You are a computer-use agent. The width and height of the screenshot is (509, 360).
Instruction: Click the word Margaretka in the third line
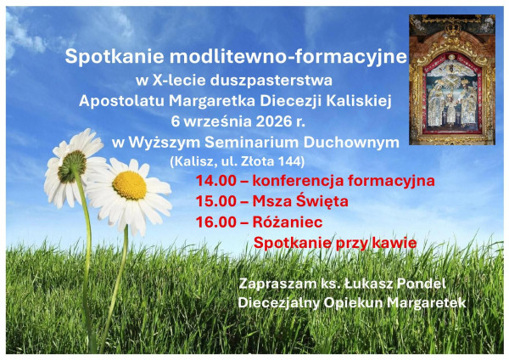pyautogui.click(x=212, y=101)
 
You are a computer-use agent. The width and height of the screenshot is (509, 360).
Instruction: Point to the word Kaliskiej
pyautogui.click(x=359, y=101)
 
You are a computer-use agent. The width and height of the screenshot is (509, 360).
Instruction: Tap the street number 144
pyautogui.click(x=290, y=161)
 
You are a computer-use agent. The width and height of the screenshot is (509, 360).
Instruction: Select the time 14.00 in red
pyautogui.click(x=215, y=181)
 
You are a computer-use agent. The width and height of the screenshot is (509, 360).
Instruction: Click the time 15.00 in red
pyautogui.click(x=215, y=201)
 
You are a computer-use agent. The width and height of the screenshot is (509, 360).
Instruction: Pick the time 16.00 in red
pyautogui.click(x=215, y=222)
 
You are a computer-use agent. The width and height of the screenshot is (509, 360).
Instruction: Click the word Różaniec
pyautogui.click(x=288, y=222)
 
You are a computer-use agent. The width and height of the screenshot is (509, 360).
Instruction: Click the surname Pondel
pyautogui.click(x=421, y=284)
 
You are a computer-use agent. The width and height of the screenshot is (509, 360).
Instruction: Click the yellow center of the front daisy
pyautogui.click(x=130, y=185)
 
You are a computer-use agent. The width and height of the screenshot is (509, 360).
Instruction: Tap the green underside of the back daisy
pyautogui.click(x=72, y=166)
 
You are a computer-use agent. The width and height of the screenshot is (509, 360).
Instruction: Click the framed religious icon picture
pyautogui.click(x=452, y=80)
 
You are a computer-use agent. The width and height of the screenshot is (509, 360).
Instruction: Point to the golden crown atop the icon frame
pyautogui.click(x=452, y=30)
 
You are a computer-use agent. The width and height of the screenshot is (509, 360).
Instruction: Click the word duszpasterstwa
pyautogui.click(x=271, y=81)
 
